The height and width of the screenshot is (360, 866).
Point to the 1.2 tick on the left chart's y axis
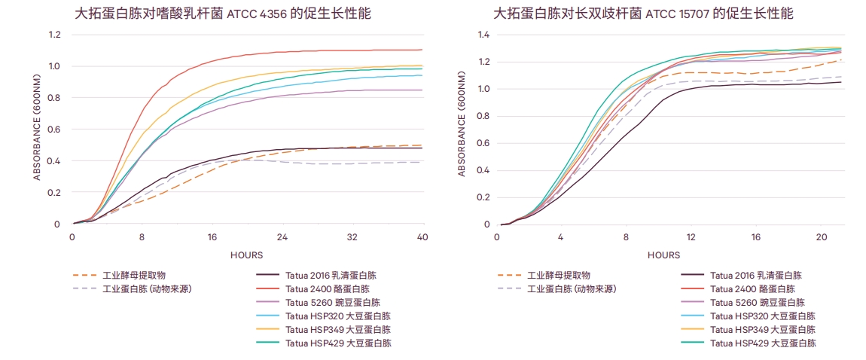[x=54, y=35]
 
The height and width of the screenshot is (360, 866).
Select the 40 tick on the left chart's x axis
[x=422, y=236]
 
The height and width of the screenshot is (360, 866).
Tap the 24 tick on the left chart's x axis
[x=282, y=236]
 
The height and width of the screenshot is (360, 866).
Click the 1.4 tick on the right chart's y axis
[x=484, y=35]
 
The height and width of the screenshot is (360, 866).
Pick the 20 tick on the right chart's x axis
[x=821, y=236]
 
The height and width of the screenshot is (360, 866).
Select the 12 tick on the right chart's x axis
[x=690, y=236]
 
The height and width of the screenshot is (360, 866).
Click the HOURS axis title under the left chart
[x=247, y=255]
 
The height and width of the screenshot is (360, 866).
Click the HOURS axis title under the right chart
[x=663, y=255]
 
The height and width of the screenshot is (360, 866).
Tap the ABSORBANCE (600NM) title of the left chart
[x=37, y=130]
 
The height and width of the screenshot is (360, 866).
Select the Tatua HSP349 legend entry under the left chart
[x=338, y=330]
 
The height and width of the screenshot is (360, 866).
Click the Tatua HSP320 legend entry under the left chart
[x=338, y=316]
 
